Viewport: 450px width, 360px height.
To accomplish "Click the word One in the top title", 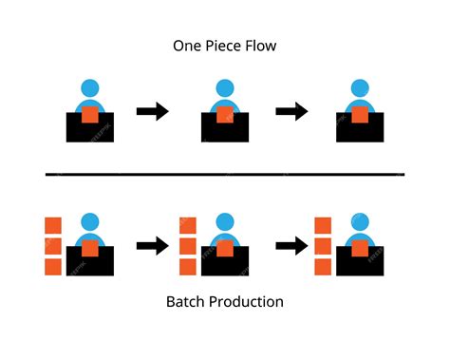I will pos(187,45).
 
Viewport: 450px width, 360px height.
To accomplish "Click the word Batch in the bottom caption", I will pos(185,302).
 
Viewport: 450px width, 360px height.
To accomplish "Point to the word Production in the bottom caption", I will pos(246,302).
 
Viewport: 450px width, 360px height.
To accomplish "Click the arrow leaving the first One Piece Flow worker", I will pos(153,112).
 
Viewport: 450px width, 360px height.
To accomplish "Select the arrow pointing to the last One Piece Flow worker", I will pos(291,112).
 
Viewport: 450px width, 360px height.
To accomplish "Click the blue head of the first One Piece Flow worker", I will pos(89,88).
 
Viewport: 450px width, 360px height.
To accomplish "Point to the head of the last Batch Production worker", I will pos(360,221).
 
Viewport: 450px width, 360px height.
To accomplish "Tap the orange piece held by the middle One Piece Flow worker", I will pos(224,115).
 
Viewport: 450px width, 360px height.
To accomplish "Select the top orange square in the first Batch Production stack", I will pos(53,225).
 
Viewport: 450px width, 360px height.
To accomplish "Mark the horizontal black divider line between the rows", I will pos(225,175).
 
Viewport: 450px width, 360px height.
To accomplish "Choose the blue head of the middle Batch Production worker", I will pos(224,221).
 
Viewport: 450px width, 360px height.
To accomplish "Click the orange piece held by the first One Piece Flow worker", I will pos(89,115).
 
